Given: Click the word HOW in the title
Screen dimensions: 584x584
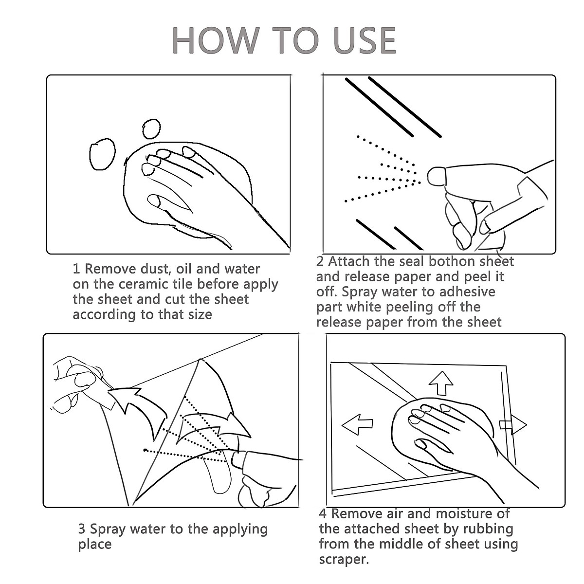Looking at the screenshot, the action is pyautogui.click(x=216, y=40).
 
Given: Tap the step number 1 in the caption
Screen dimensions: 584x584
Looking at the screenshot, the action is pyautogui.click(x=76, y=269).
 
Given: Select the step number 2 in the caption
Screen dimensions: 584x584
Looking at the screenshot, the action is pyautogui.click(x=320, y=261).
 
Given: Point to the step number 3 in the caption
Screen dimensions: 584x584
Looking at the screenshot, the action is pyautogui.click(x=82, y=529).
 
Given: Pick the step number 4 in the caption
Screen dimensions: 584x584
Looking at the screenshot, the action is pyautogui.click(x=323, y=514).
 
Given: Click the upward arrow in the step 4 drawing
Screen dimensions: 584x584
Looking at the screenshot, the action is pyautogui.click(x=441, y=383).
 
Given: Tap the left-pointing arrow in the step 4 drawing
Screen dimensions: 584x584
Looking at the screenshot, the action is pyautogui.click(x=357, y=424).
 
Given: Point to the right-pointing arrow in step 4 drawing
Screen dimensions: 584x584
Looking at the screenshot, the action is pyautogui.click(x=513, y=424).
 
